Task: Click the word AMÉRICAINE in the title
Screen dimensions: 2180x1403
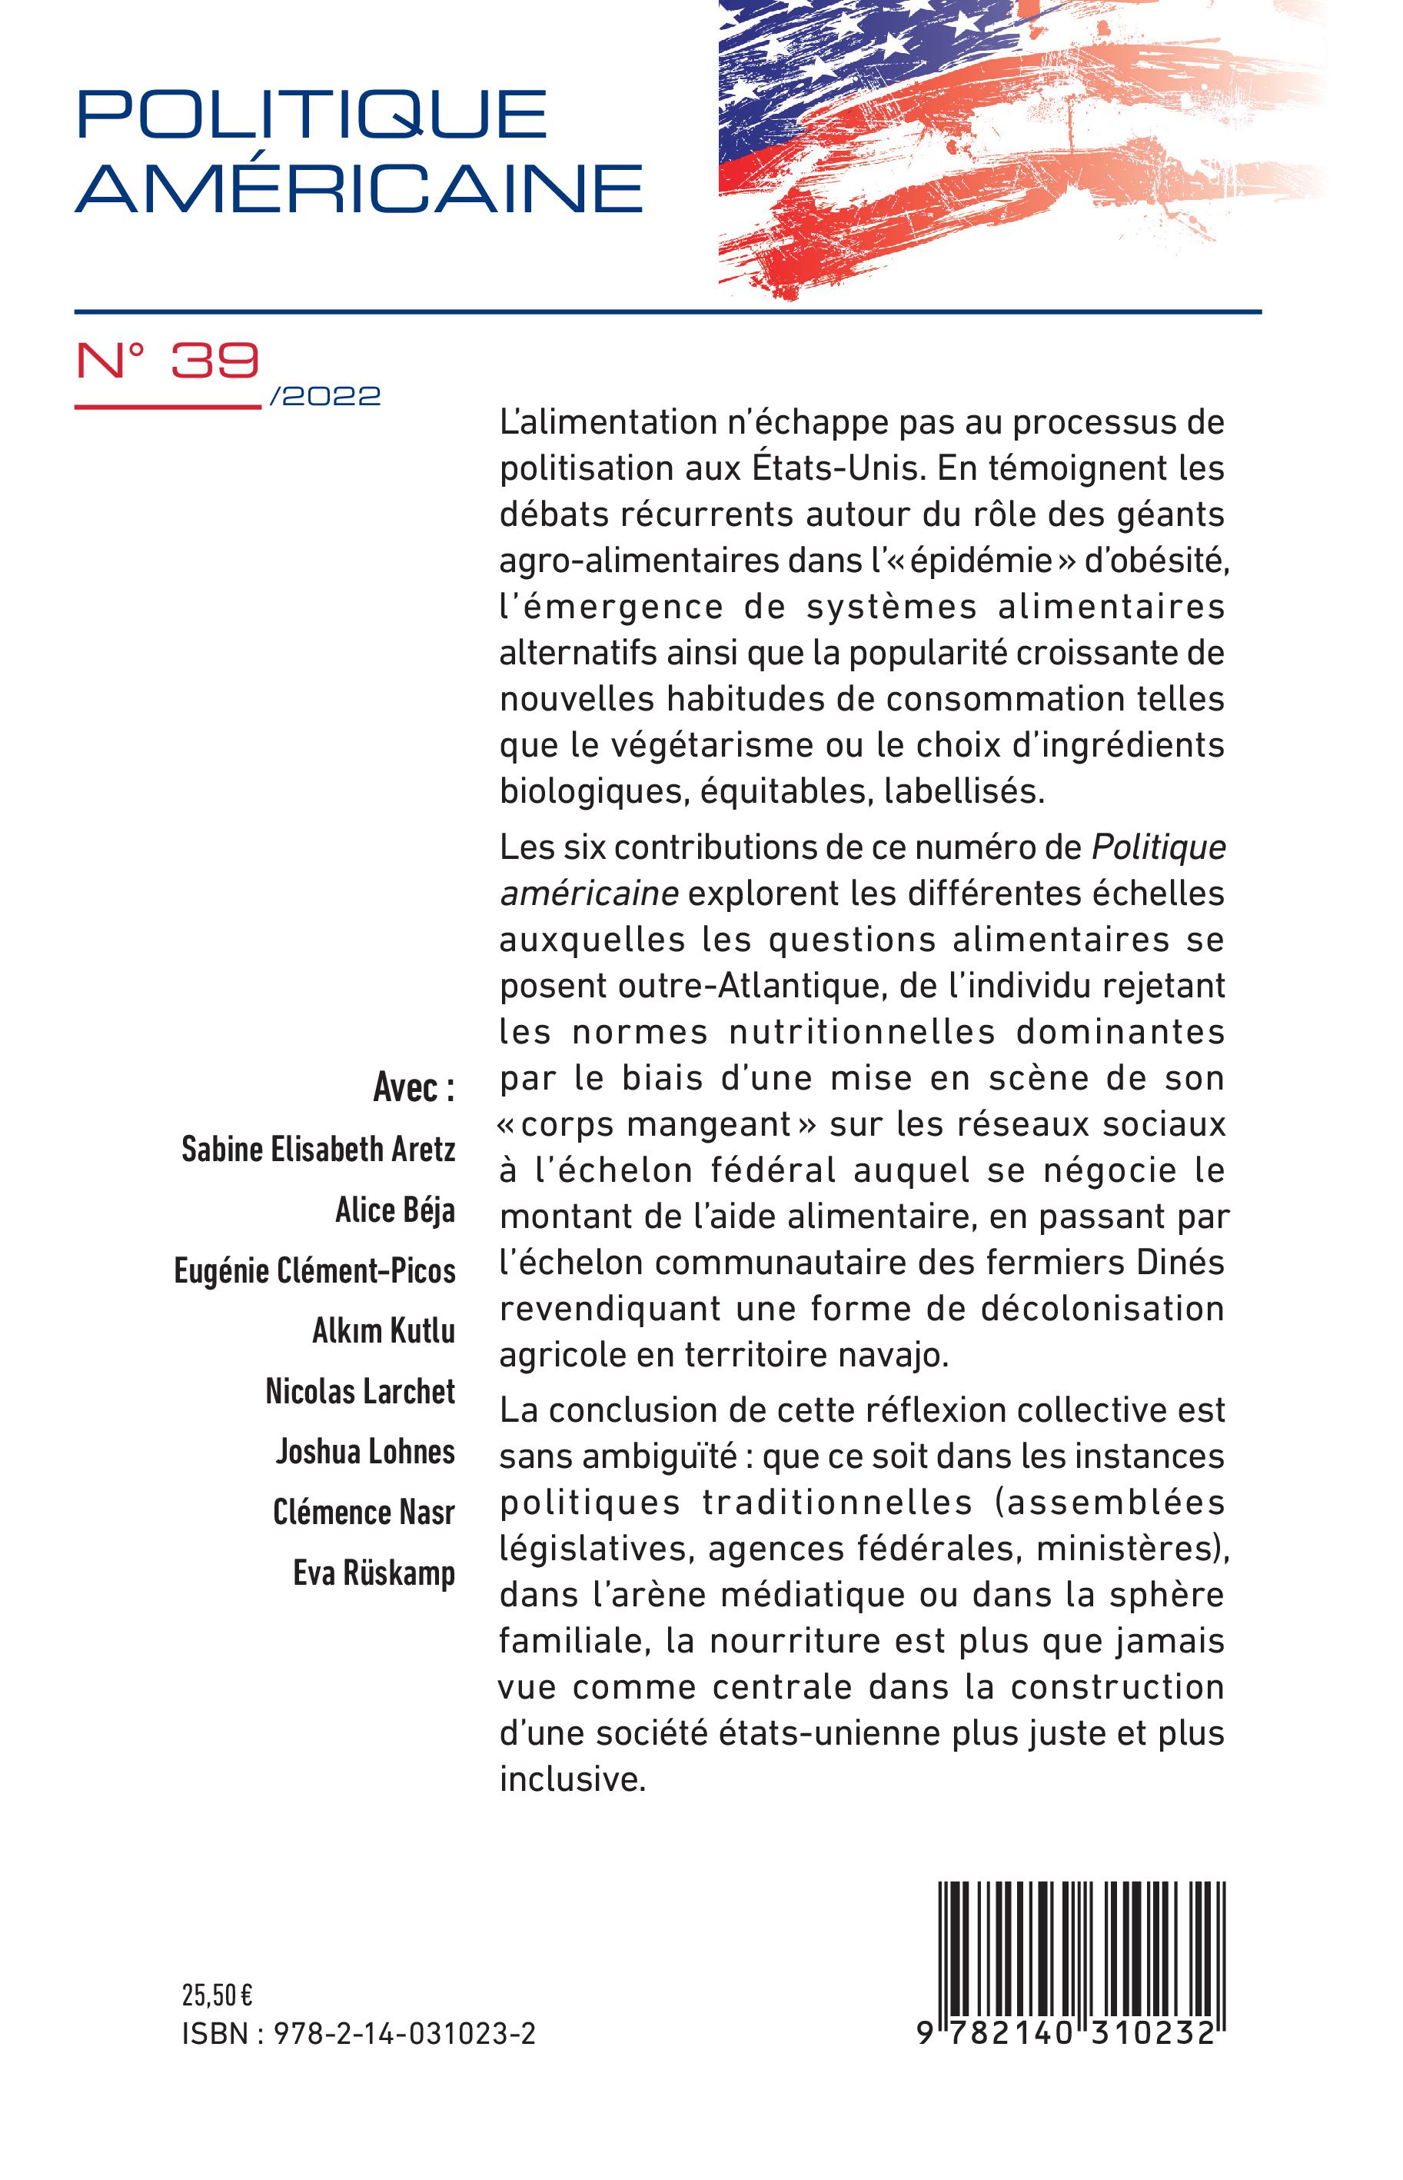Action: tap(359, 188)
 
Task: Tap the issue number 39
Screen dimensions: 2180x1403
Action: tap(215, 361)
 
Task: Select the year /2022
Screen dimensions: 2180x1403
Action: tap(325, 396)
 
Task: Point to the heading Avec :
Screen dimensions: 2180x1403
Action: tap(414, 1088)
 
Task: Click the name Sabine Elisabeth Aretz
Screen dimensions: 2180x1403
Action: tap(318, 1150)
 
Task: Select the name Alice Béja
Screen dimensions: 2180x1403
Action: tap(394, 1210)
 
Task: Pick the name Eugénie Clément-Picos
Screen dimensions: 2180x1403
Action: tap(314, 1271)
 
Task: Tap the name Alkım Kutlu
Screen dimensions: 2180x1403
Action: tap(384, 1331)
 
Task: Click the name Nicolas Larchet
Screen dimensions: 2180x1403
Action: tap(360, 1391)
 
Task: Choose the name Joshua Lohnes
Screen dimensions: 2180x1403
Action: tap(365, 1451)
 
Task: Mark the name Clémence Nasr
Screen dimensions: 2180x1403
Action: tap(364, 1513)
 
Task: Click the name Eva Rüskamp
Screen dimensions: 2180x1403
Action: tap(374, 1573)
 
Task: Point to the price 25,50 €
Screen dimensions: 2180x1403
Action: tap(217, 1995)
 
